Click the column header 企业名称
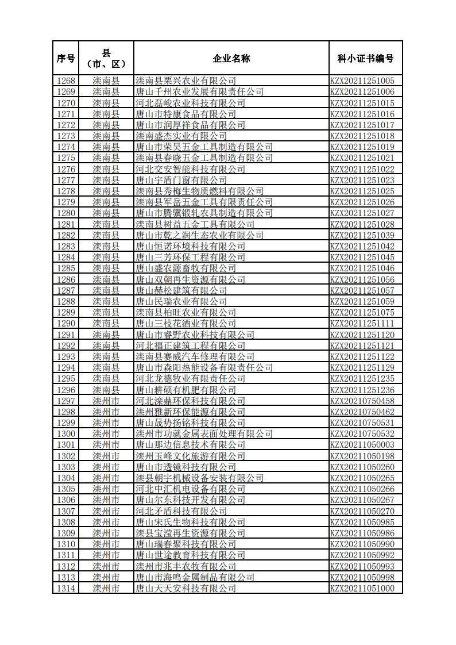click(x=231, y=58)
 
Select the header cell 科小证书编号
click(x=365, y=58)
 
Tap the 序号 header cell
click(x=65, y=58)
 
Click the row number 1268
click(x=66, y=81)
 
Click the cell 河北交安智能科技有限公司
click(x=190, y=169)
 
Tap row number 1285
click(x=66, y=268)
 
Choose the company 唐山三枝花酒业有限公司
click(x=186, y=324)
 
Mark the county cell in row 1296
click(x=106, y=390)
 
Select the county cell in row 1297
click(x=106, y=401)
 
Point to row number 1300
click(x=66, y=434)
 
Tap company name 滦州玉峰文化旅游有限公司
click(x=190, y=456)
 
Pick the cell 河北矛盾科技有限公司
click(x=181, y=511)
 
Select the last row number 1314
click(x=66, y=589)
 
